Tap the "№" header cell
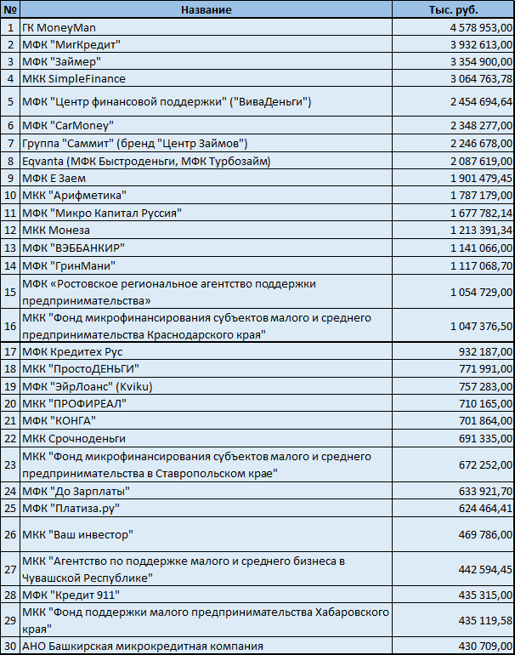pos(9,9)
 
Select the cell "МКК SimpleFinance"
pos(74,78)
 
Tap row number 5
pos(9,102)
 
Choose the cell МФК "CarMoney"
pos(68,125)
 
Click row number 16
pos(9,326)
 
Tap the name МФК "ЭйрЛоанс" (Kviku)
pos(89,386)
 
